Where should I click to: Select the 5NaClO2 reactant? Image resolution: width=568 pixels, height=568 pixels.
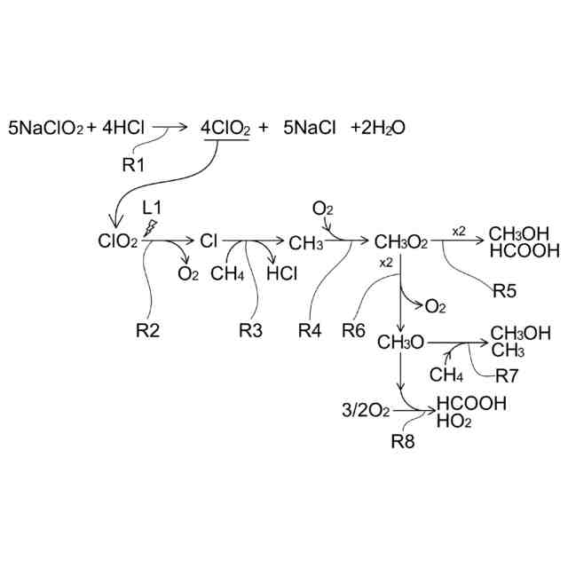click(45, 128)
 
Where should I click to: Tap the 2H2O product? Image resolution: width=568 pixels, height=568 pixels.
click(379, 128)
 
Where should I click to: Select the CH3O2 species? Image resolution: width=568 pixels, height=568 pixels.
click(401, 241)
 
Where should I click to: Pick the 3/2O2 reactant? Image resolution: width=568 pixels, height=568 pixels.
click(365, 412)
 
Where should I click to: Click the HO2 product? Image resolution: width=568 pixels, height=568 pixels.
click(454, 421)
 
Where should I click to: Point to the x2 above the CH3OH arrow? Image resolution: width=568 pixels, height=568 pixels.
click(459, 231)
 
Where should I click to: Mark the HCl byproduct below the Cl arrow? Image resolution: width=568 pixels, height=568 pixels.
click(281, 273)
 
